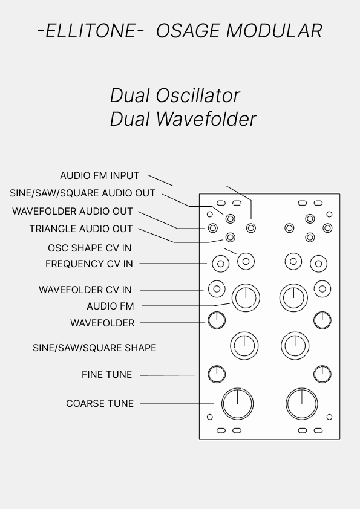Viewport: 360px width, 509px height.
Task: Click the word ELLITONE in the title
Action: [90, 31]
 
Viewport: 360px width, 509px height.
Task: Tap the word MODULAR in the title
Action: [274, 31]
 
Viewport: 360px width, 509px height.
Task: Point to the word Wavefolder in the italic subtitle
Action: [206, 119]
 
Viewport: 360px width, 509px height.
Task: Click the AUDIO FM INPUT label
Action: [100, 176]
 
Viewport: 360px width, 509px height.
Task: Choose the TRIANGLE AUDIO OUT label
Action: [81, 229]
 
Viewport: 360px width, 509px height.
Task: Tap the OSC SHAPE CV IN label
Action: [90, 248]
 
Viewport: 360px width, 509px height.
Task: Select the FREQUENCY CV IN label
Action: [89, 264]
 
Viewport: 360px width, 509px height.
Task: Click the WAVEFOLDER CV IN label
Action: [85, 290]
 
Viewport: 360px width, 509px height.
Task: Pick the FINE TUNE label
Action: [107, 375]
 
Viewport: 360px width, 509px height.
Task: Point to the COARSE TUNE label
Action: [100, 403]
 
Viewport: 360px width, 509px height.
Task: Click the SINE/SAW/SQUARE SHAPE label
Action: [94, 348]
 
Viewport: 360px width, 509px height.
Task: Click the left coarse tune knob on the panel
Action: [238, 404]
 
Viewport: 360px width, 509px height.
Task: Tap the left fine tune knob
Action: [217, 374]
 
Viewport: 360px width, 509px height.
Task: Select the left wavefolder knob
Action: [217, 320]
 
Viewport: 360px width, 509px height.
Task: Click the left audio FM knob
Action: [246, 297]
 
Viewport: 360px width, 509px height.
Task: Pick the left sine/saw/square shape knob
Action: [244, 346]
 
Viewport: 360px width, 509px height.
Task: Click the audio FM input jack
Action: [251, 229]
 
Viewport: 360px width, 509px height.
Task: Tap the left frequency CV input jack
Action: [221, 264]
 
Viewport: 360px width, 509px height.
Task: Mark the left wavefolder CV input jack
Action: [217, 289]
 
